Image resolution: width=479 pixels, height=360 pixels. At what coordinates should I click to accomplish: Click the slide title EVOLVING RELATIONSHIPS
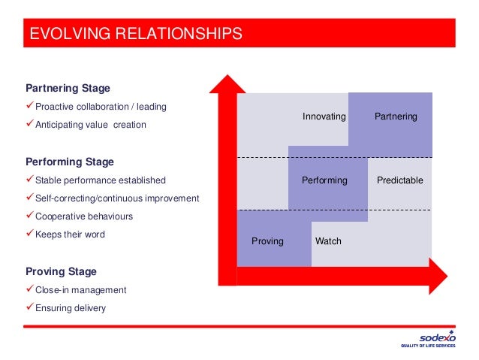point(136,34)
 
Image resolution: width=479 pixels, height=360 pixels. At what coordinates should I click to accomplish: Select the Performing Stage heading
point(70,162)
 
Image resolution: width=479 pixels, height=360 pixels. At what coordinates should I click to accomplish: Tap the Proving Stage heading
point(61,271)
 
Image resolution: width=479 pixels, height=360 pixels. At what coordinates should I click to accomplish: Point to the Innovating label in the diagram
point(324,117)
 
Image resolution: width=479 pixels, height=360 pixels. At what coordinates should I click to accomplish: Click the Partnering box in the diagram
point(396,117)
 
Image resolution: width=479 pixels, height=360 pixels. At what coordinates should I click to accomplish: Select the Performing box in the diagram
point(324,180)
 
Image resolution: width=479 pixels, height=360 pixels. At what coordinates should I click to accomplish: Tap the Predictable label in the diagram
point(400,180)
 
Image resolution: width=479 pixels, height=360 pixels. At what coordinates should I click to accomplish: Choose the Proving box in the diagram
point(267,241)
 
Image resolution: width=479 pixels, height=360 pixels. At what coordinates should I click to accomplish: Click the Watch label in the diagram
point(328,241)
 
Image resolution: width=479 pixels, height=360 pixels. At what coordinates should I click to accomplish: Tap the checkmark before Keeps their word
point(30,234)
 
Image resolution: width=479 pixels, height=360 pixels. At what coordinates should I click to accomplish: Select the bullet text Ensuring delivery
point(71,307)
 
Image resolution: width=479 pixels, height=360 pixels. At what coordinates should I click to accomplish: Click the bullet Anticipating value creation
point(91,125)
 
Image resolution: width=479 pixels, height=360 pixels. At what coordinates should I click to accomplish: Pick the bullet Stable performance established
point(101,180)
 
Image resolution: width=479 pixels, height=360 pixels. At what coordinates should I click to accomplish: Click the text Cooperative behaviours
point(84,216)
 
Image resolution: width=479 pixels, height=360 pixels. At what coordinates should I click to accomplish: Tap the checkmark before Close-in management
point(30,289)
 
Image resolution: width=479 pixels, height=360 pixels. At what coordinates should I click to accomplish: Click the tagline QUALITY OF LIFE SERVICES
point(428,346)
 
